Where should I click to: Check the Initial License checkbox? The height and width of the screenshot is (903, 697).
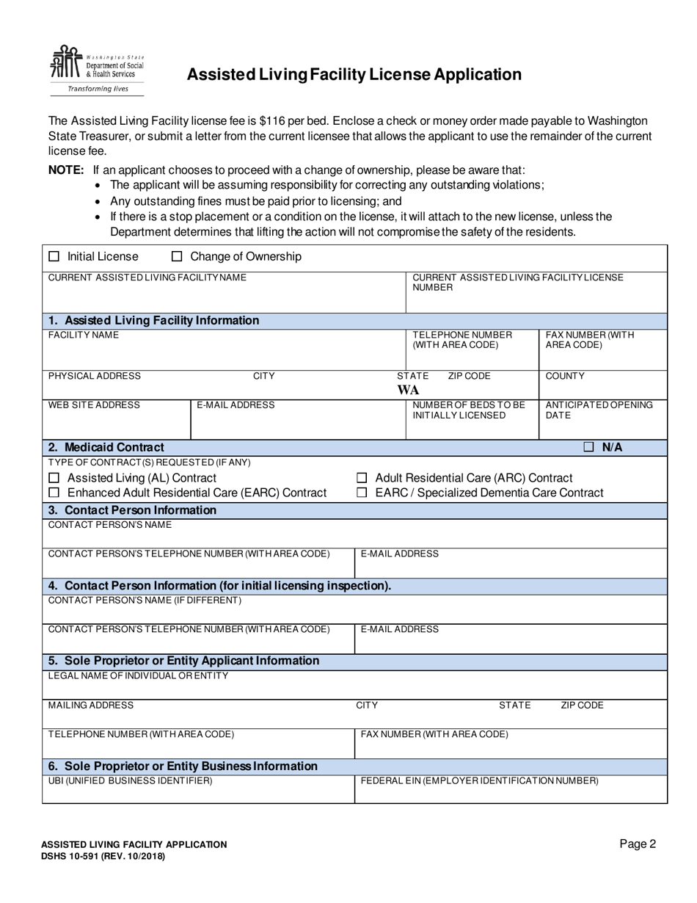(54, 257)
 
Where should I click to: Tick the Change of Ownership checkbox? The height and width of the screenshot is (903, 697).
(177, 257)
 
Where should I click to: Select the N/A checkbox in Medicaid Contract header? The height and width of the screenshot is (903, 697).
(588, 447)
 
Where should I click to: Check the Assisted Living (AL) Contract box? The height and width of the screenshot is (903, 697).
(54, 479)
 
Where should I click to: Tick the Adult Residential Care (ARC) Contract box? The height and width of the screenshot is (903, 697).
(362, 479)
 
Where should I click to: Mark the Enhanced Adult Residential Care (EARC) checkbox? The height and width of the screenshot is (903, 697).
(54, 493)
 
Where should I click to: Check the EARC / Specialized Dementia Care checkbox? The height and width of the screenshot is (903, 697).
(362, 493)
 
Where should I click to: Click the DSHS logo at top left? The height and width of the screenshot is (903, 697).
(96, 70)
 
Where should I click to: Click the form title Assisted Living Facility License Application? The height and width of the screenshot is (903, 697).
(354, 75)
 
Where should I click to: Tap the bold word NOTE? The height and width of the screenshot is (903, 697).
(66, 170)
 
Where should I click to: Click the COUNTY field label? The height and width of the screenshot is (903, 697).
(565, 377)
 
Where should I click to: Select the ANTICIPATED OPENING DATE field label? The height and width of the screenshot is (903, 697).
(599, 410)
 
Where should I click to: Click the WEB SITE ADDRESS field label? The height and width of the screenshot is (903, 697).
(94, 405)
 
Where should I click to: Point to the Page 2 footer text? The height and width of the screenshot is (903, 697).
(638, 844)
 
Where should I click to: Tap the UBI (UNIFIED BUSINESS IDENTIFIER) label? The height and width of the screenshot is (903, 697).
(130, 781)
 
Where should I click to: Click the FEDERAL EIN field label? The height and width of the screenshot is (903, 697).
(479, 781)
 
